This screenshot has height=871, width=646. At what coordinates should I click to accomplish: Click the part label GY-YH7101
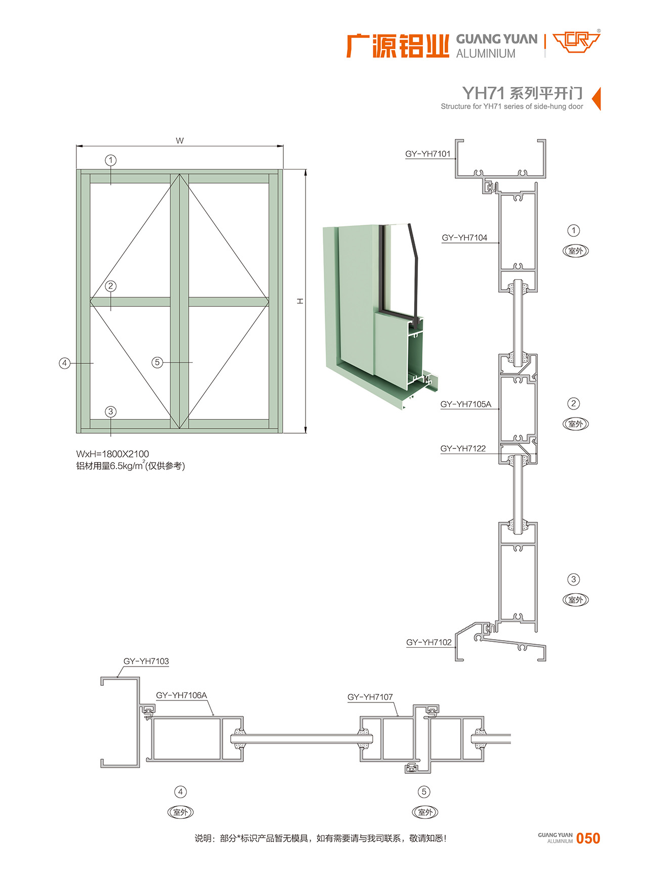pyautogui.click(x=427, y=154)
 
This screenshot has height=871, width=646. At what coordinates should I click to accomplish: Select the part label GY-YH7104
pyautogui.click(x=464, y=237)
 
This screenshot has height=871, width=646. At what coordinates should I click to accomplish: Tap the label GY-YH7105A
pyautogui.click(x=465, y=404)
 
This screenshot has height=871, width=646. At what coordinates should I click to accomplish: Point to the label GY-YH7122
pyautogui.click(x=463, y=448)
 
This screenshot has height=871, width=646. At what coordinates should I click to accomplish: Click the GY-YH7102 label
pyautogui.click(x=429, y=642)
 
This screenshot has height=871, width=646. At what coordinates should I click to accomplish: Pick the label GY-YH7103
pyautogui.click(x=146, y=661)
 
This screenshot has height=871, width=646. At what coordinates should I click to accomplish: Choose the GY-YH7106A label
pyautogui.click(x=182, y=695)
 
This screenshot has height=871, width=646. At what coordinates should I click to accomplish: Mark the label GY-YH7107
pyautogui.click(x=370, y=697)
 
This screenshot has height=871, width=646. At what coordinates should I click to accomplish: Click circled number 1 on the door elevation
pyautogui.click(x=111, y=160)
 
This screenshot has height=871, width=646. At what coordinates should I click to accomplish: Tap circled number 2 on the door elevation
pyautogui.click(x=111, y=286)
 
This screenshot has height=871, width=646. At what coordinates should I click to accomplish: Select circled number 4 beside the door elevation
pyautogui.click(x=64, y=363)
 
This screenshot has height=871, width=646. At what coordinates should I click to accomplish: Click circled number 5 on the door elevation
pyautogui.click(x=157, y=362)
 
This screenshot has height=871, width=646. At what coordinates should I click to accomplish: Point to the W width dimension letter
pyautogui.click(x=180, y=141)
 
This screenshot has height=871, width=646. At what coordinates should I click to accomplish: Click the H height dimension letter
pyautogui.click(x=300, y=301)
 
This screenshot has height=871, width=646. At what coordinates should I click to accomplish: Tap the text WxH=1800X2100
pyautogui.click(x=113, y=454)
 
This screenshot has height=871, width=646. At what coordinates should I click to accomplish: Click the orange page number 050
pyautogui.click(x=588, y=839)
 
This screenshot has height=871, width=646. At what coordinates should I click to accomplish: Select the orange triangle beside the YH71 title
pyautogui.click(x=596, y=98)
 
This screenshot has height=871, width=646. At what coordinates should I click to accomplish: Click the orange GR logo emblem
pyautogui.click(x=576, y=43)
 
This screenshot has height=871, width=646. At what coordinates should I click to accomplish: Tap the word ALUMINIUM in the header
pyautogui.click(x=486, y=54)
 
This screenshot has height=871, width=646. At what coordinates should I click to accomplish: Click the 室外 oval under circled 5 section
pyautogui.click(x=425, y=812)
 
